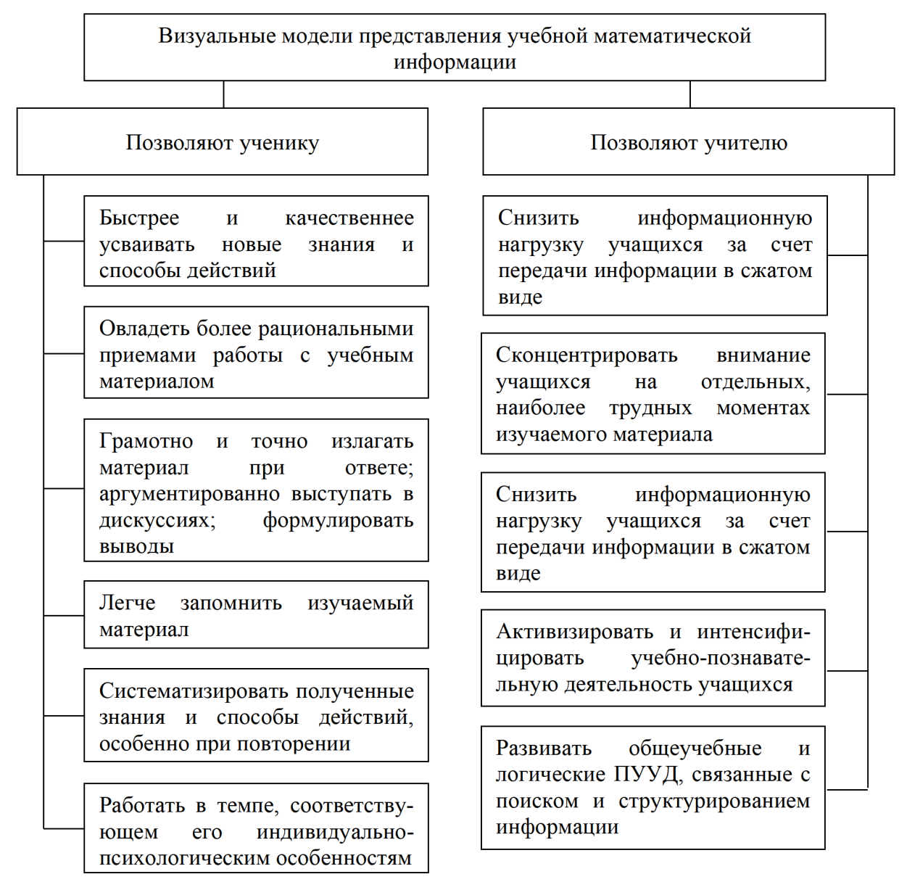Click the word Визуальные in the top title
[x=204, y=36]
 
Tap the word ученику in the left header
[x=279, y=143]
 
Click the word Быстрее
[x=139, y=218]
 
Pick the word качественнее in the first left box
[x=349, y=218]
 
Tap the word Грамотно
[x=146, y=442]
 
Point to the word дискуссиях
[x=157, y=521]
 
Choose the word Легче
[x=128, y=603]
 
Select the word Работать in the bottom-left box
[x=142, y=806]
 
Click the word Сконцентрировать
[x=587, y=355]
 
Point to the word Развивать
[x=544, y=749]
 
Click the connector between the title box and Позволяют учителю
[x=690, y=94]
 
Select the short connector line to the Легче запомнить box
[x=64, y=615]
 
